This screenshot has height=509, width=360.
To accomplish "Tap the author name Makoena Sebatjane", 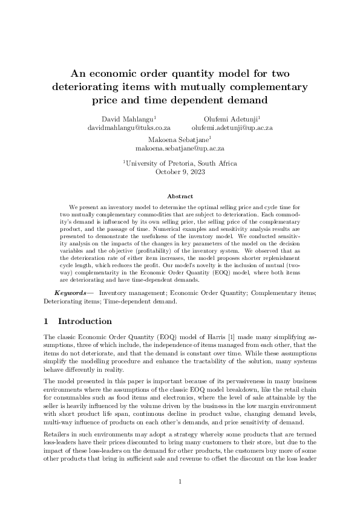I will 179,139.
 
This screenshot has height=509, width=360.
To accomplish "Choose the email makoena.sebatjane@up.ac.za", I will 180,148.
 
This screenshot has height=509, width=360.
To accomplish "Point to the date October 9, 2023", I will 180,172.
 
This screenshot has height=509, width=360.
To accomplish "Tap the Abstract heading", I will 180,196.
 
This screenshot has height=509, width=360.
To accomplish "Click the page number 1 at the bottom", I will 180,481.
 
